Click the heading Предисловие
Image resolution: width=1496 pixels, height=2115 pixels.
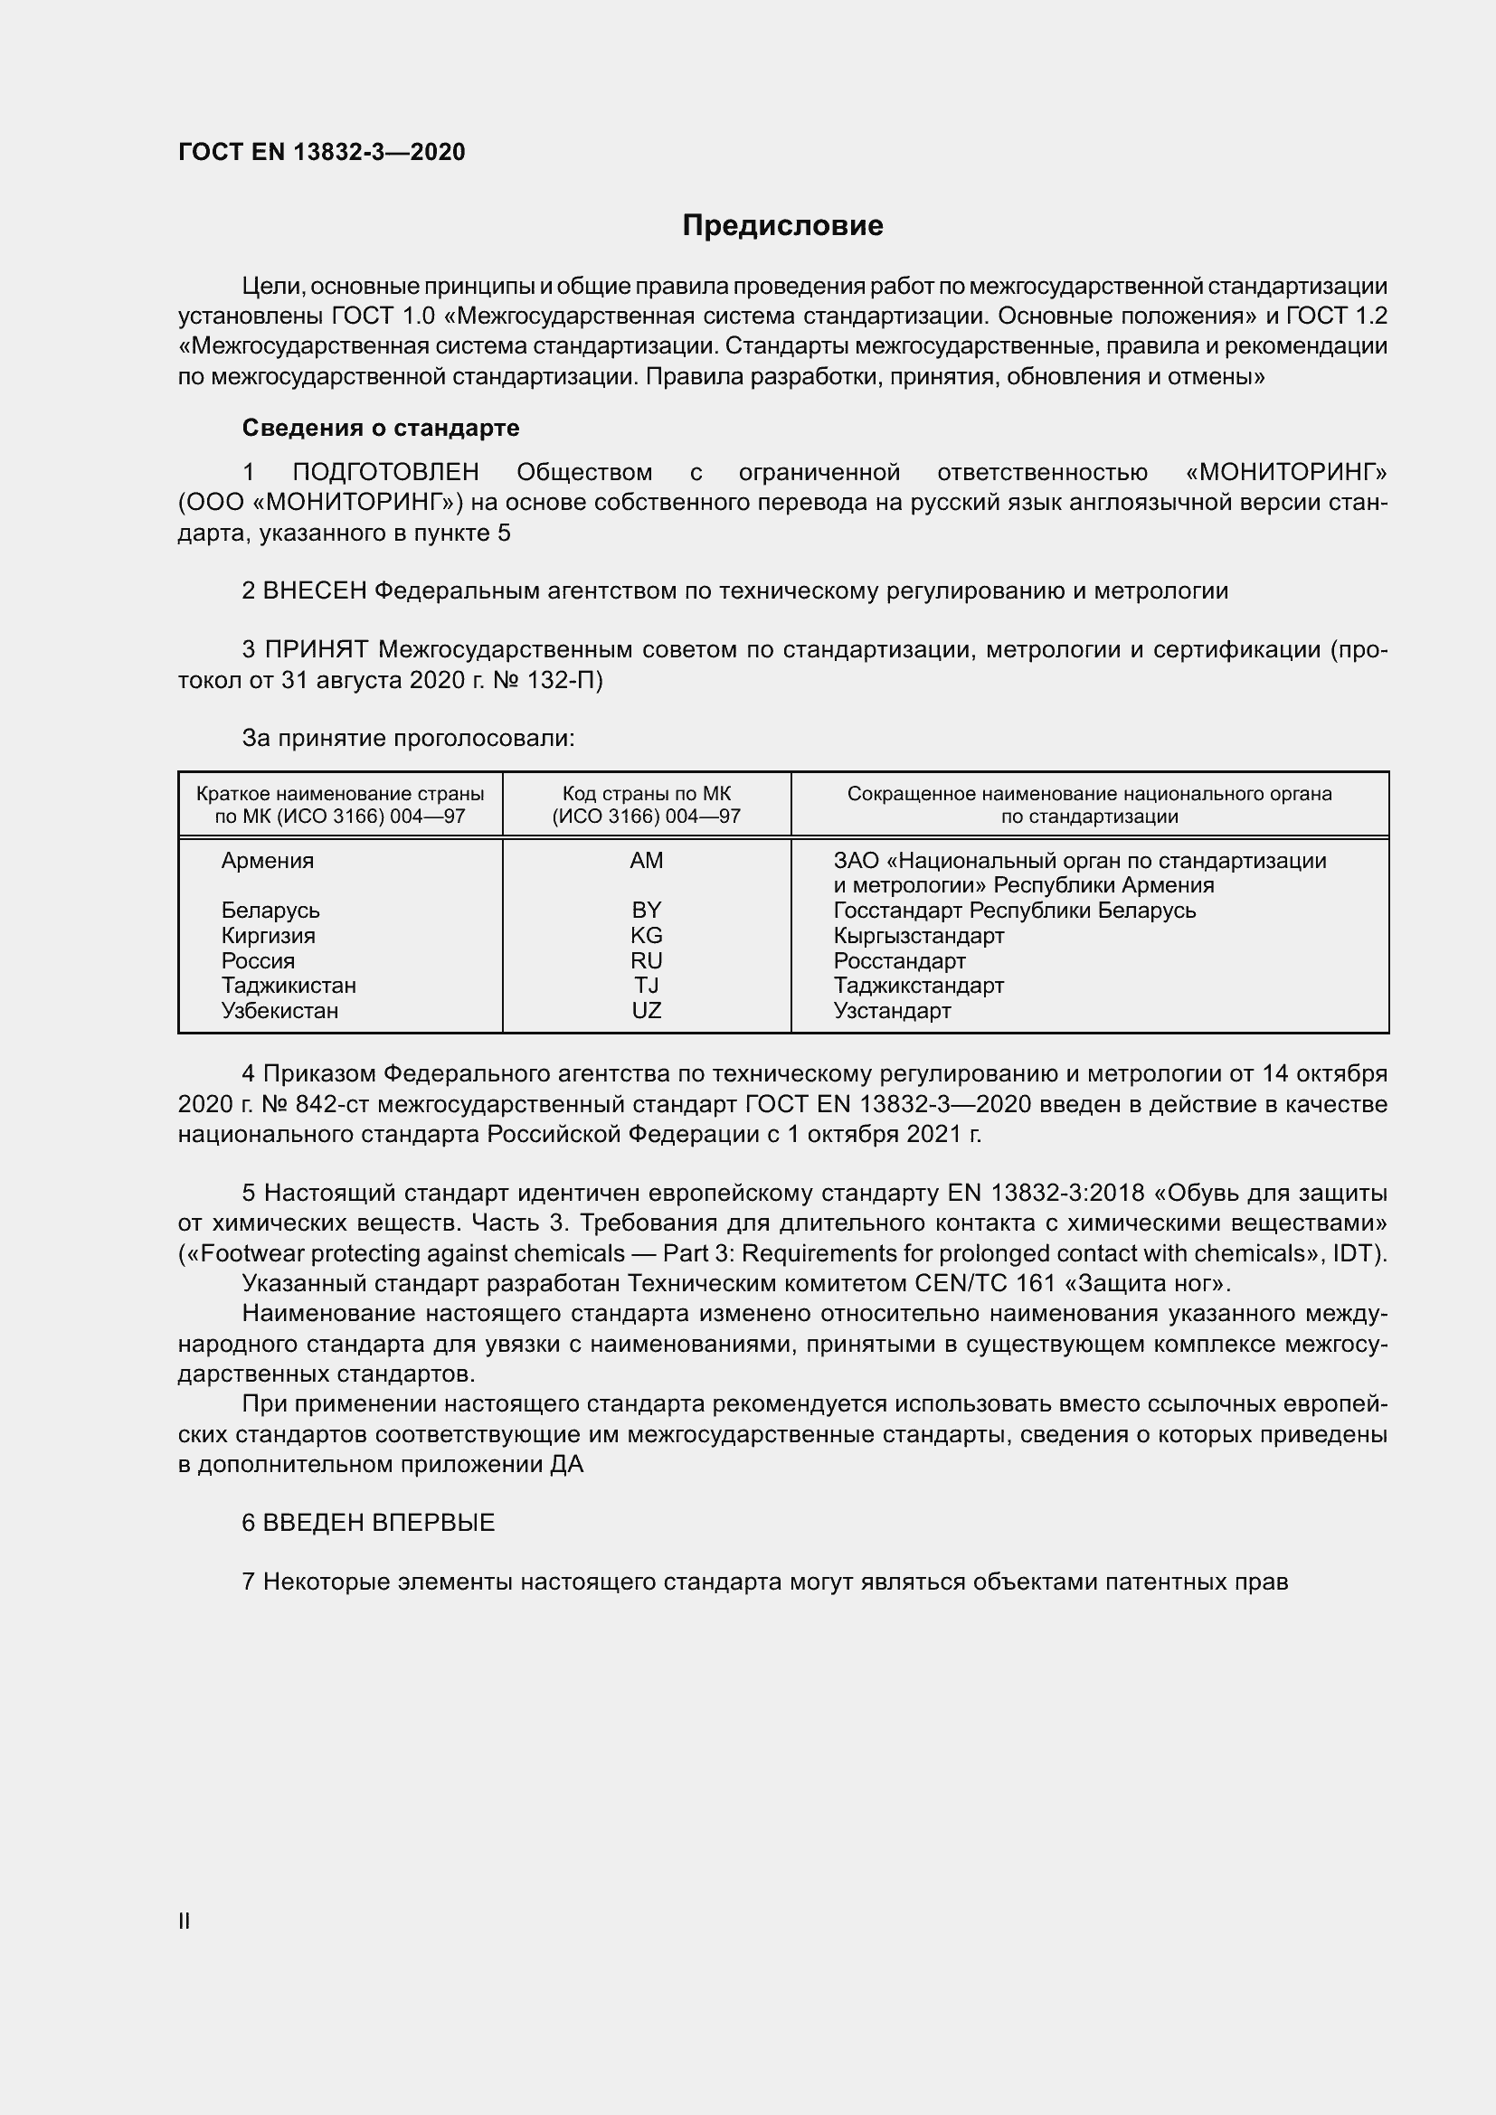pos(782,226)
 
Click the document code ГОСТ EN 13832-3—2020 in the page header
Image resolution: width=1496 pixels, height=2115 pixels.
pos(321,152)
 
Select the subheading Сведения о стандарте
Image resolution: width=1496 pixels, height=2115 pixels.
pos(381,428)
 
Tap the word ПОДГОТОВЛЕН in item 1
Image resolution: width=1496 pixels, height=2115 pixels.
pos(385,473)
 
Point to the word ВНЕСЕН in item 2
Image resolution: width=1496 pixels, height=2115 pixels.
pos(315,590)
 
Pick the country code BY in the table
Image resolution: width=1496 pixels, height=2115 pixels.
pos(646,911)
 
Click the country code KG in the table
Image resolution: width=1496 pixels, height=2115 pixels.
pos(646,935)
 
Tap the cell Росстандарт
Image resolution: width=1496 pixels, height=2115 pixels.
pos(899,961)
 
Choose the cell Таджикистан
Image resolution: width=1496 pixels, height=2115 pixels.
pos(289,986)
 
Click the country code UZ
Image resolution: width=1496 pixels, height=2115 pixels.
pos(646,1011)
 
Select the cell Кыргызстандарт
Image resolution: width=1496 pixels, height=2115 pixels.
pos(918,936)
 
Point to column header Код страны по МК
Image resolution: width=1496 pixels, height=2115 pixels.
pos(646,794)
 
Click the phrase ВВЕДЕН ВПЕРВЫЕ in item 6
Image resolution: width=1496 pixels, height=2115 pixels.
pos(379,1523)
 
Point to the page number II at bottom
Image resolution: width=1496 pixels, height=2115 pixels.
pos(185,1921)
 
